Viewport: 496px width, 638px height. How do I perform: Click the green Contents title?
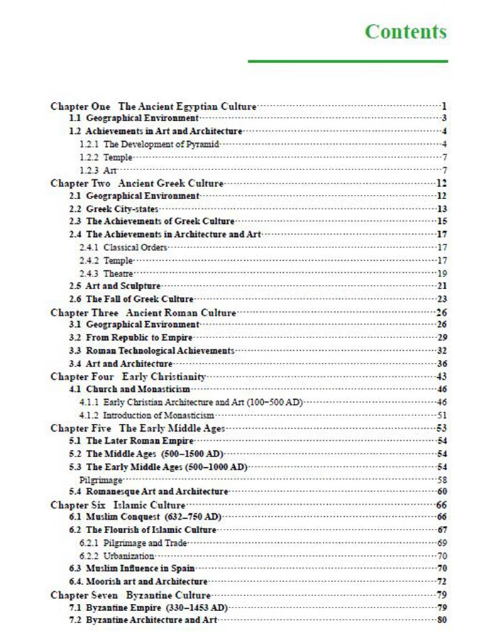(x=406, y=32)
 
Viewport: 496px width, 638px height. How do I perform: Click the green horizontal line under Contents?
(x=348, y=62)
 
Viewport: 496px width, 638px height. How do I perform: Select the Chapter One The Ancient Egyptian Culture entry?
(x=153, y=106)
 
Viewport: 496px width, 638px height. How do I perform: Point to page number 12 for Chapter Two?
(x=441, y=183)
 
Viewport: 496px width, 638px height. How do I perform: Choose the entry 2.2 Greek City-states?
(x=114, y=208)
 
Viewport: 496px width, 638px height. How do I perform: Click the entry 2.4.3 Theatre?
(x=106, y=273)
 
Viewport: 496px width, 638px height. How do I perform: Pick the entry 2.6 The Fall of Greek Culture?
(x=131, y=299)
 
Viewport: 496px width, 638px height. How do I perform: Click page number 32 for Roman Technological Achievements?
(x=441, y=350)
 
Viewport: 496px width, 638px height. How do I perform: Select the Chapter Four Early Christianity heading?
(x=128, y=376)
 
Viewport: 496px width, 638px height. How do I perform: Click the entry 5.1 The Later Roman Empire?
(x=131, y=441)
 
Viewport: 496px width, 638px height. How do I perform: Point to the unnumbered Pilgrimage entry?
(x=97, y=479)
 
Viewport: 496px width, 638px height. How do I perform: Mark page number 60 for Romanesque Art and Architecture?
(x=441, y=491)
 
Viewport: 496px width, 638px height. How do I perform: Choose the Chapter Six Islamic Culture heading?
(x=118, y=505)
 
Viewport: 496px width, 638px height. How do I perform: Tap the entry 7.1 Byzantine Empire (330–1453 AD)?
(x=148, y=608)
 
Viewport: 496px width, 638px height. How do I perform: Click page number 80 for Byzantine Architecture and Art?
(x=441, y=620)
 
